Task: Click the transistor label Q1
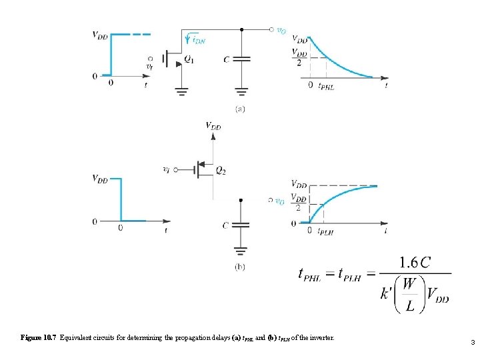click(x=190, y=60)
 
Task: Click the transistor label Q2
click(x=221, y=171)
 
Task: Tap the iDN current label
click(x=197, y=40)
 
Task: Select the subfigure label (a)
click(x=240, y=109)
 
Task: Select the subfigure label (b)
click(x=240, y=266)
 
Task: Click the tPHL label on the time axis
click(x=326, y=85)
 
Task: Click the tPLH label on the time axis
click(x=325, y=231)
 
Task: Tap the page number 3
click(x=472, y=343)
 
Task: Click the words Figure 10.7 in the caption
click(x=38, y=338)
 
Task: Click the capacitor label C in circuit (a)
click(x=227, y=59)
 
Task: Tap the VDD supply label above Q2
click(x=213, y=125)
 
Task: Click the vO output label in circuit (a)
click(x=281, y=31)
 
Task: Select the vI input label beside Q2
click(x=166, y=169)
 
